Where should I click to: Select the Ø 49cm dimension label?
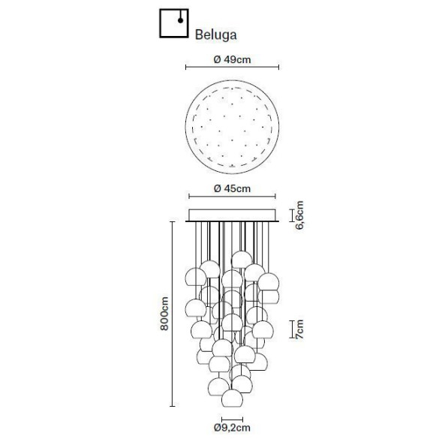[232, 59]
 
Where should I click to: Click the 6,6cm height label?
[299, 215]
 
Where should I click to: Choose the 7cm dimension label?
[299, 329]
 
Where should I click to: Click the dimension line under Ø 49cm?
[232, 69]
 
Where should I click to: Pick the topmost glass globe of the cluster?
[241, 260]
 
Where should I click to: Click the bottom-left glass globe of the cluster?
[220, 387]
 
